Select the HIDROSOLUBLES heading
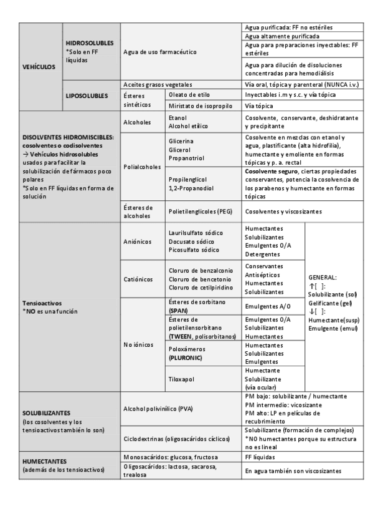coord(89,43)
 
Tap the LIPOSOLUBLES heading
coord(89,95)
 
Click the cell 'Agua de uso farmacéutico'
coord(160,51)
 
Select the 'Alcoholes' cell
coord(138,122)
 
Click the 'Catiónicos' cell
coord(138,279)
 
